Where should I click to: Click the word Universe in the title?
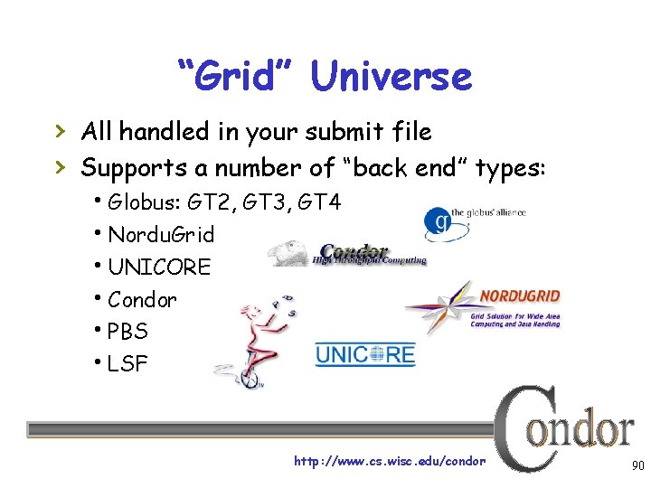coord(391,76)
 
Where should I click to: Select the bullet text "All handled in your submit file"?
coord(256,132)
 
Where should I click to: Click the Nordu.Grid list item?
coord(161,235)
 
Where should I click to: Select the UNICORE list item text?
coord(158,267)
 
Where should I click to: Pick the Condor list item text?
coord(142,299)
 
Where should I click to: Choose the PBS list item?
coord(127,332)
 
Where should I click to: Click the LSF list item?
coord(127,364)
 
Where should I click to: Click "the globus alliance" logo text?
coord(488,213)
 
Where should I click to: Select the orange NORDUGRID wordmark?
coord(519,296)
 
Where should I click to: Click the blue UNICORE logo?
coord(364,353)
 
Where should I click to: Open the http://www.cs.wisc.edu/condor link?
coord(390,462)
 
